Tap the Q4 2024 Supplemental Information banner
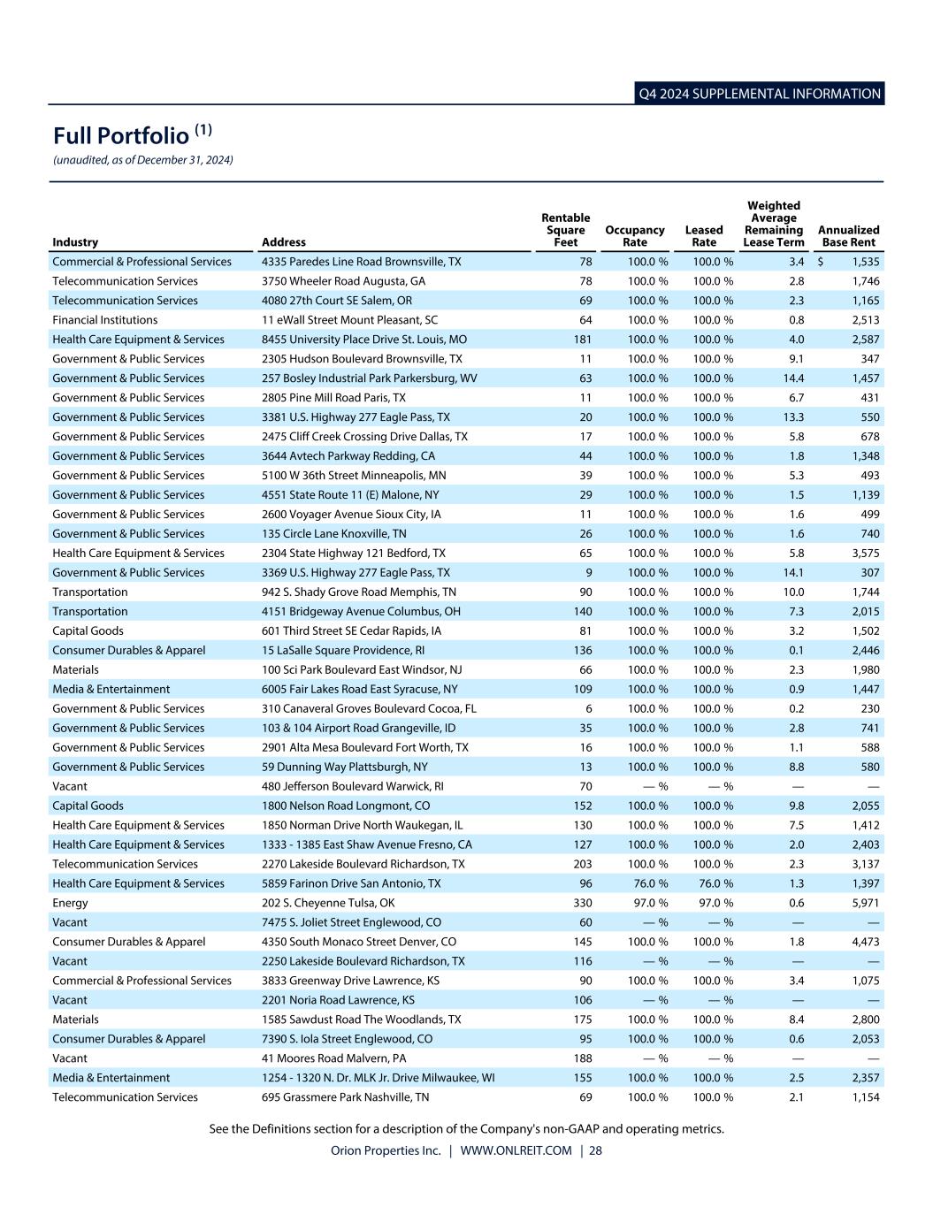[760, 94]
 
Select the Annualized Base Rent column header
[848, 236]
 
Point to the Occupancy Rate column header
[634, 236]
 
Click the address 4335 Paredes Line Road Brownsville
[361, 262]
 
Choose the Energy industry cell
[70, 903]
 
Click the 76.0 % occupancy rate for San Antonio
[649, 883]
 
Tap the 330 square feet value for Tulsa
[582, 903]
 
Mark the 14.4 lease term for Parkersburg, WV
[793, 378]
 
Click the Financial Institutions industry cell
[104, 320]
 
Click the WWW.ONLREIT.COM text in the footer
[516, 1150]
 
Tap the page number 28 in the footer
[595, 1150]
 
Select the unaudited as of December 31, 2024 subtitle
[143, 160]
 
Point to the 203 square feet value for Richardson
[582, 864]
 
